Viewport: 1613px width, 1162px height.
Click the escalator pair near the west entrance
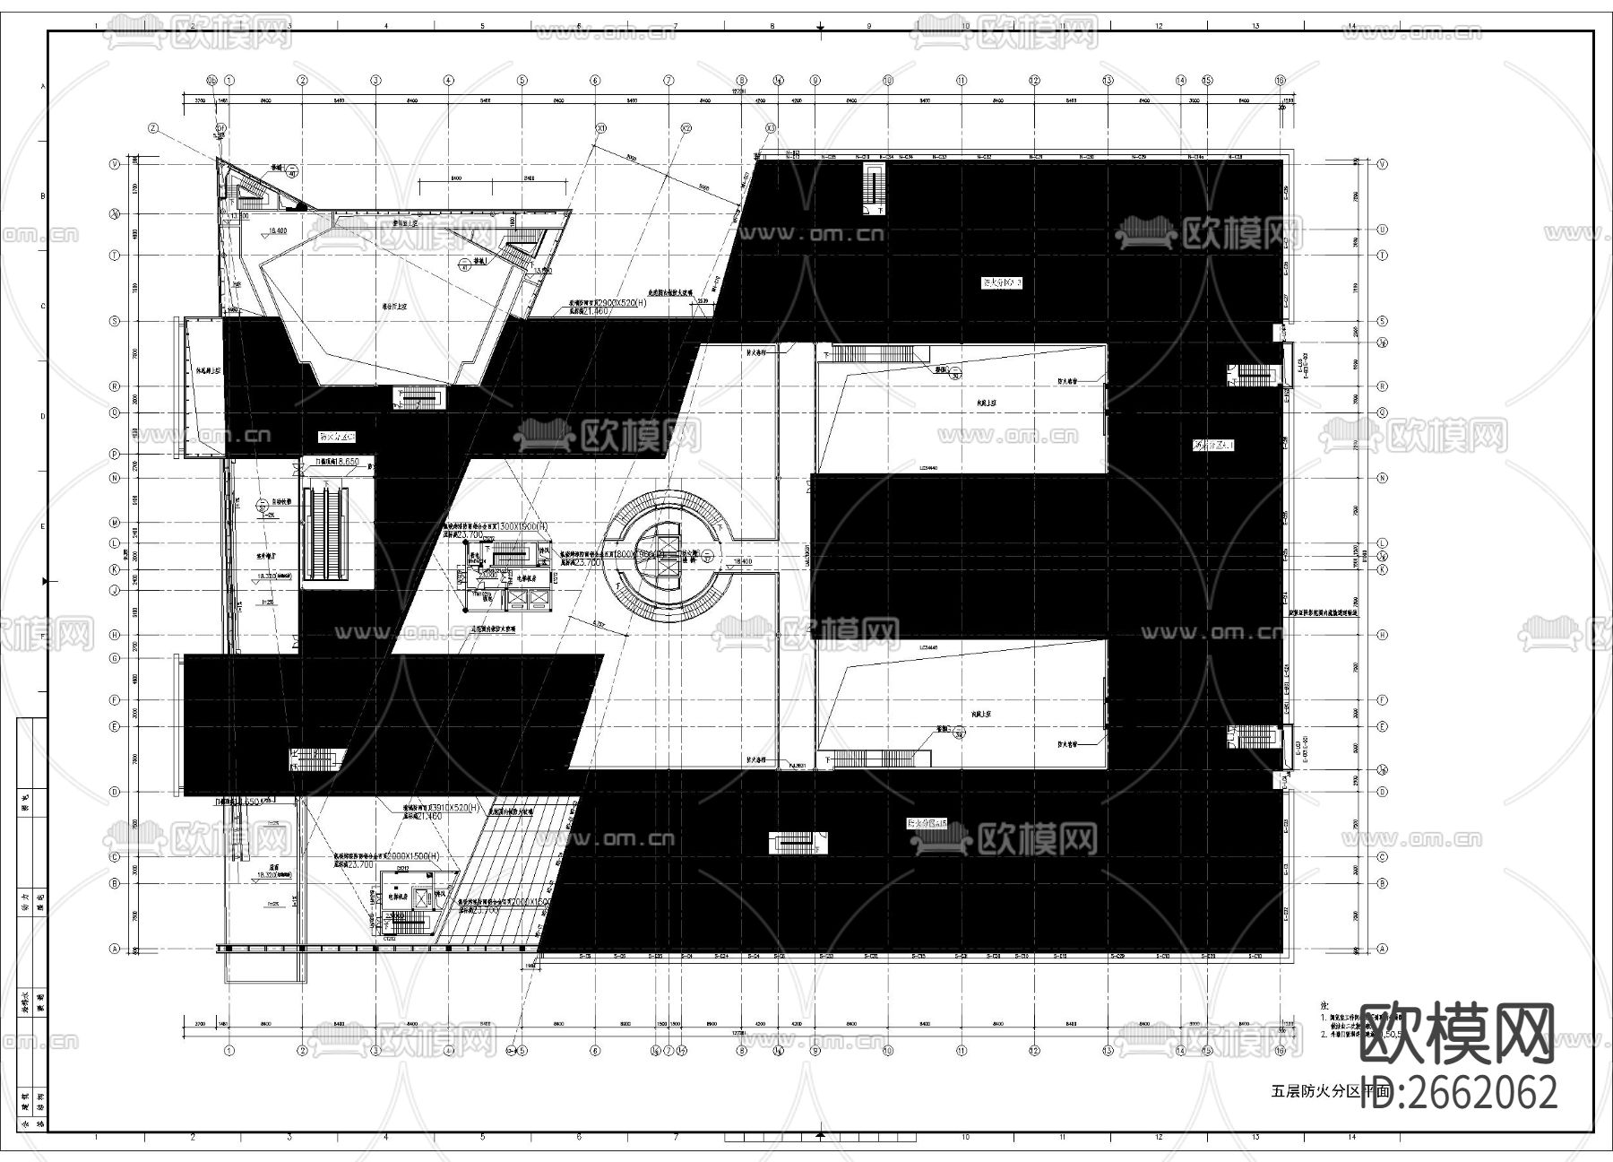[324, 533]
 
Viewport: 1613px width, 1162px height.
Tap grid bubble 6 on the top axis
[595, 80]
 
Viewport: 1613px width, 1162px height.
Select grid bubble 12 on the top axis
[1034, 80]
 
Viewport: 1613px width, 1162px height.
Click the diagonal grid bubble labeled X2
[686, 128]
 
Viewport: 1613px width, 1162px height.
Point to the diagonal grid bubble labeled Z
[153, 128]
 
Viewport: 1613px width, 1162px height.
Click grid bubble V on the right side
[1383, 164]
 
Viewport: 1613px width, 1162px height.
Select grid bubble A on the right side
[1383, 948]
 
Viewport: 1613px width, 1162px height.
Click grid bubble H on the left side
[115, 634]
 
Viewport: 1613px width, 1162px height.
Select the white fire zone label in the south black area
[927, 822]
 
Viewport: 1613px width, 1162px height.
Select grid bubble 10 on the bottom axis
[888, 1050]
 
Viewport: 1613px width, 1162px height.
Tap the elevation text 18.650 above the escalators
[338, 462]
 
